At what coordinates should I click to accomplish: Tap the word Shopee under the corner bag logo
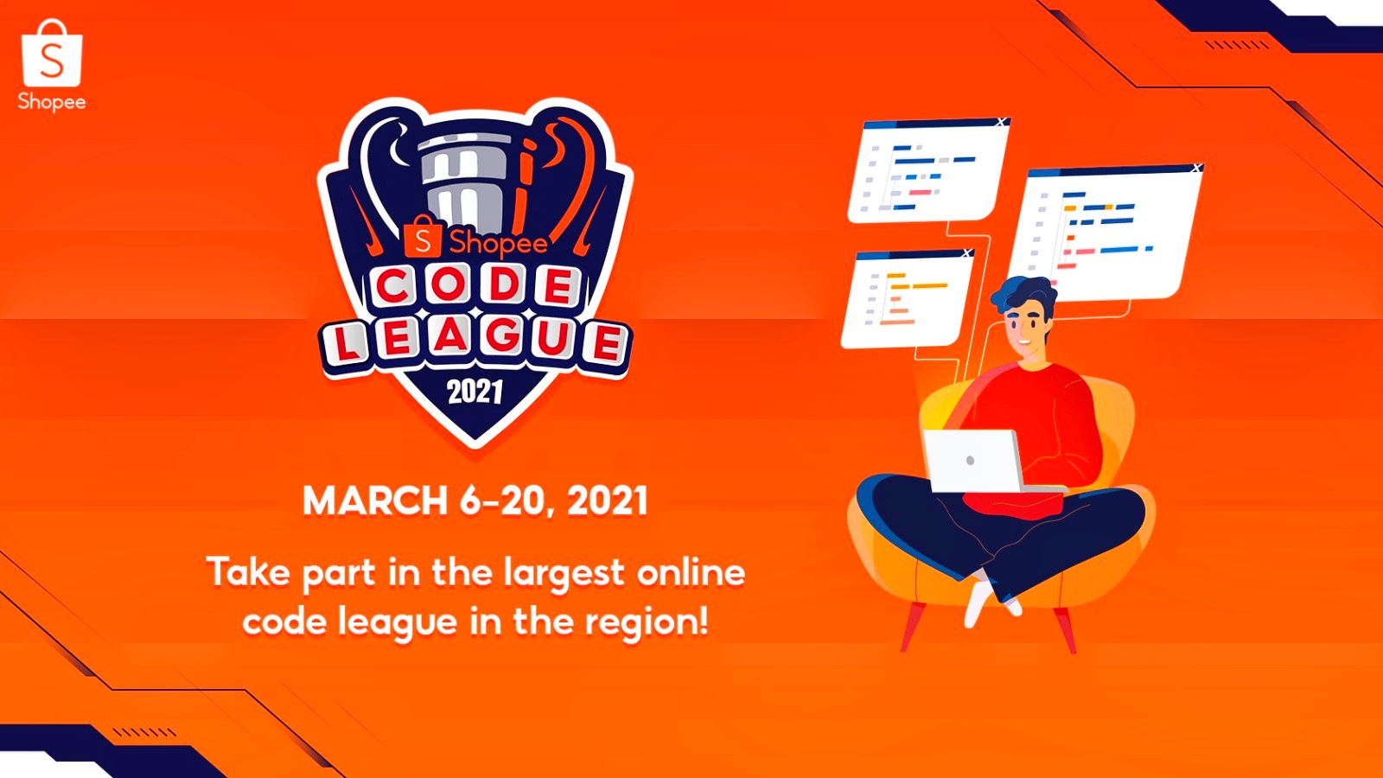52,102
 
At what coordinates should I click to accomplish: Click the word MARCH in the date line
375,501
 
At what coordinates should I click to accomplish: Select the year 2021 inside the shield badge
475,392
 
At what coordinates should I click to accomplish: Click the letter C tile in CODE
394,287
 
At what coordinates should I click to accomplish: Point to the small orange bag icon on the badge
423,237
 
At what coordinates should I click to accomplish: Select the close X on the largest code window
1196,168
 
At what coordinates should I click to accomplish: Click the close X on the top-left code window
1002,122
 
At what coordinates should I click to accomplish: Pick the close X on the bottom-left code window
967,252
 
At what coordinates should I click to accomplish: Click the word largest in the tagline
564,574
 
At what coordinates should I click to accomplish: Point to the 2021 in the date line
608,501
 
